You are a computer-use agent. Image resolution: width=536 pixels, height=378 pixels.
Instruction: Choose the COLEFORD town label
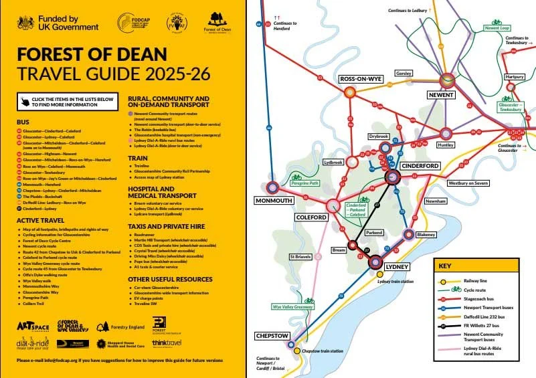(311, 218)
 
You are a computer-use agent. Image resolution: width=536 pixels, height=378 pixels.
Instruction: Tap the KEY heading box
(444, 266)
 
